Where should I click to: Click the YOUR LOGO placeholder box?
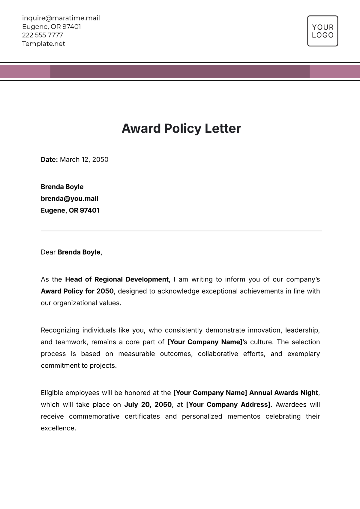click(322, 31)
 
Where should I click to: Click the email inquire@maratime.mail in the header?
click(61, 18)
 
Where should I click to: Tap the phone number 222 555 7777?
click(42, 35)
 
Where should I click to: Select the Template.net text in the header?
click(43, 44)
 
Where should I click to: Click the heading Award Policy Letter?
click(181, 128)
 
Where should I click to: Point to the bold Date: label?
click(49, 160)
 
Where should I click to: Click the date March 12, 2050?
click(84, 160)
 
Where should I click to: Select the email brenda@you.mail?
click(69, 199)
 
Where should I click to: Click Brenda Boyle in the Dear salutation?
click(79, 252)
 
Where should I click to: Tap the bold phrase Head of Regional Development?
click(117, 279)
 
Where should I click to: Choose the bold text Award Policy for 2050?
click(77, 291)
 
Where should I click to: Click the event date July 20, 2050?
click(148, 405)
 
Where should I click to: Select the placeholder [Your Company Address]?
click(228, 405)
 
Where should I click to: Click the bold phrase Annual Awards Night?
click(283, 393)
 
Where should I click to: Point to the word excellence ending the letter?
click(58, 428)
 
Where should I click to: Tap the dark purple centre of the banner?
click(180, 72)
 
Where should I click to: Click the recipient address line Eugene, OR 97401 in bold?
click(70, 210)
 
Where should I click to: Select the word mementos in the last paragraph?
click(244, 417)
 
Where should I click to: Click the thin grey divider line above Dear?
click(181, 231)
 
